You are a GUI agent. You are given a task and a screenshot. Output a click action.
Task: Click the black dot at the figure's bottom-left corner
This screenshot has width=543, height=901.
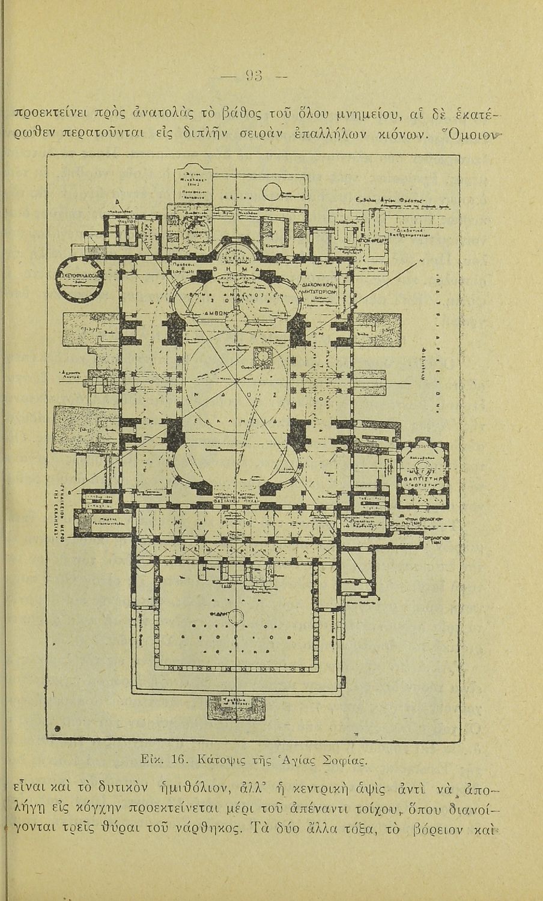[58, 729]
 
